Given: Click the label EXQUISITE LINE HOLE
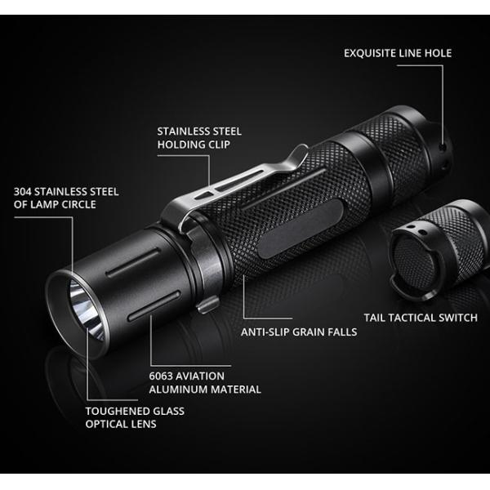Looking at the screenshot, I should coord(397,54).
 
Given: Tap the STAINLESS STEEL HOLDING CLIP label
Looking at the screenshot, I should coord(199,138).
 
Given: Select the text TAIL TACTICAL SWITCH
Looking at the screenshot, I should coord(420,318).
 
